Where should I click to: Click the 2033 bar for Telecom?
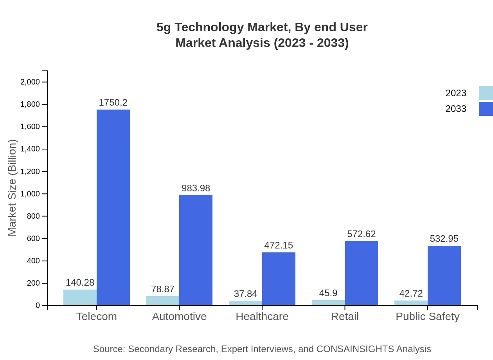tap(113, 207)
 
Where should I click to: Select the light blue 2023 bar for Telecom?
tap(80, 297)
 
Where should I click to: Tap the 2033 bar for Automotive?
tap(196, 250)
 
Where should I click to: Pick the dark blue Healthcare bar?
tap(279, 279)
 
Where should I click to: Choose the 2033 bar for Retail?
tap(362, 273)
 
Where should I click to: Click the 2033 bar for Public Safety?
tap(444, 275)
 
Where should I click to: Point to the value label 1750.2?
tap(113, 103)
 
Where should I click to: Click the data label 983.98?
tap(196, 188)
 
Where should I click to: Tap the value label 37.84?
tap(245, 294)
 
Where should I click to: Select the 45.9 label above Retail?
tap(328, 293)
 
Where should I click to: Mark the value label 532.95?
tap(444, 239)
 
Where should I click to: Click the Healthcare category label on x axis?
tap(262, 317)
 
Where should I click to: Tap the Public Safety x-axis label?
tap(428, 317)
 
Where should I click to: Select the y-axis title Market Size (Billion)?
tap(13, 188)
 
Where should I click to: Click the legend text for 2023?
tap(456, 93)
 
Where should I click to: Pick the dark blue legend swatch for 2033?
tap(486, 109)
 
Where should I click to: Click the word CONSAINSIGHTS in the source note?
tap(355, 349)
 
